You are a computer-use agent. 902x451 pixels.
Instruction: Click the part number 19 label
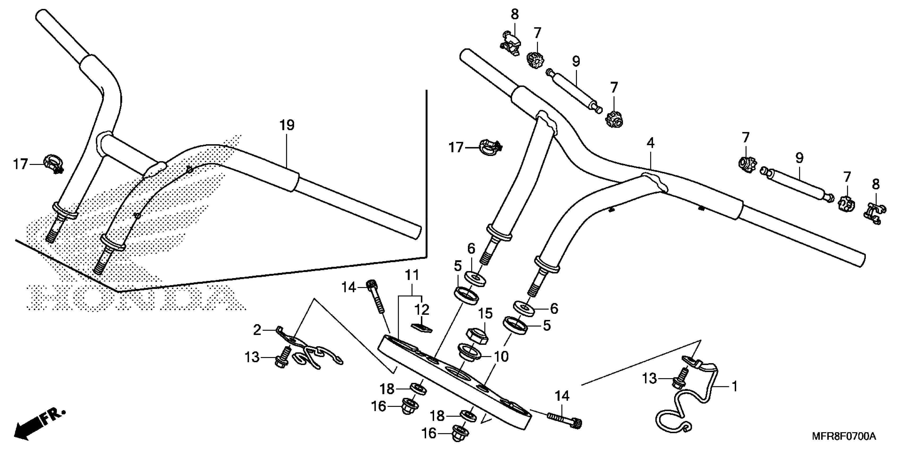click(x=287, y=125)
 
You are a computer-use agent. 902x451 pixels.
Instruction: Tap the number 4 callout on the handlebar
click(x=650, y=143)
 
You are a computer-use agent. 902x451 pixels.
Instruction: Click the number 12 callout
click(x=422, y=310)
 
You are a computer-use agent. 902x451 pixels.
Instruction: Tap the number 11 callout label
click(x=412, y=275)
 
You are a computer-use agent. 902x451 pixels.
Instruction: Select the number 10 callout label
click(x=501, y=357)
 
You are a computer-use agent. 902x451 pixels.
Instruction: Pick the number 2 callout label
click(x=257, y=330)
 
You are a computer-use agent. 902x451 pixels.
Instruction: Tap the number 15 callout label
click(x=485, y=313)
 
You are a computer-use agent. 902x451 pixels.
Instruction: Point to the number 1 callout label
click(x=735, y=386)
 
